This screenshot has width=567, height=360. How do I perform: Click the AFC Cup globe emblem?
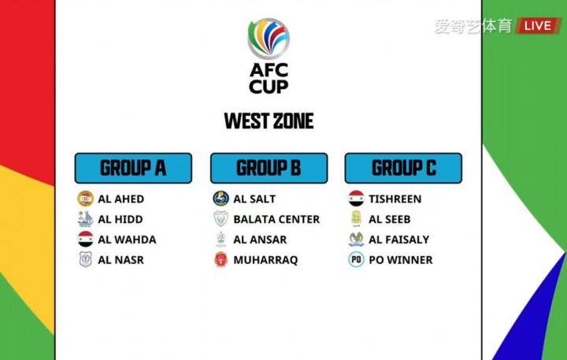click(269, 39)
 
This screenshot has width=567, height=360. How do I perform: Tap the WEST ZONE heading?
click(269, 121)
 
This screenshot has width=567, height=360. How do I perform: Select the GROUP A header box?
click(133, 168)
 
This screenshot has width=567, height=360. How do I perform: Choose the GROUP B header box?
click(269, 168)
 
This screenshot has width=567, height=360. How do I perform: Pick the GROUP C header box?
click(403, 168)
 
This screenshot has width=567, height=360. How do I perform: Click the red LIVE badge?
click(538, 26)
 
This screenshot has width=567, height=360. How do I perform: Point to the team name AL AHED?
click(120, 199)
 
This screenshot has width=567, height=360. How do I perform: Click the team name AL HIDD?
click(120, 219)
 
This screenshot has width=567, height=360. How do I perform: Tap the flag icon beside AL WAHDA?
click(85, 239)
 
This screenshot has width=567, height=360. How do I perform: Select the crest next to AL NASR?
click(85, 259)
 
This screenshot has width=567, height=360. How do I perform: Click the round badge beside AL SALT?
click(220, 199)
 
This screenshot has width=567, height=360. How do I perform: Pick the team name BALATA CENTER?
click(276, 219)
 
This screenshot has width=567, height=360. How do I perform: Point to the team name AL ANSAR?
click(260, 239)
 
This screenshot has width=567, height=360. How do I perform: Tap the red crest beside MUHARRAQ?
click(220, 259)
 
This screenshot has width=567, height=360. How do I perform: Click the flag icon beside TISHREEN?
click(356, 199)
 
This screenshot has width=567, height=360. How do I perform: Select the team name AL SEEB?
click(390, 219)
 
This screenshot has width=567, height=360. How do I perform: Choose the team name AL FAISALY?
click(398, 239)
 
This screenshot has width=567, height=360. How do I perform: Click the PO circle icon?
click(356, 259)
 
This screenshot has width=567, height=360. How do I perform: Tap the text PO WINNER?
click(401, 260)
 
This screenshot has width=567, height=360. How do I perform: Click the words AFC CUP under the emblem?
click(269, 79)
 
